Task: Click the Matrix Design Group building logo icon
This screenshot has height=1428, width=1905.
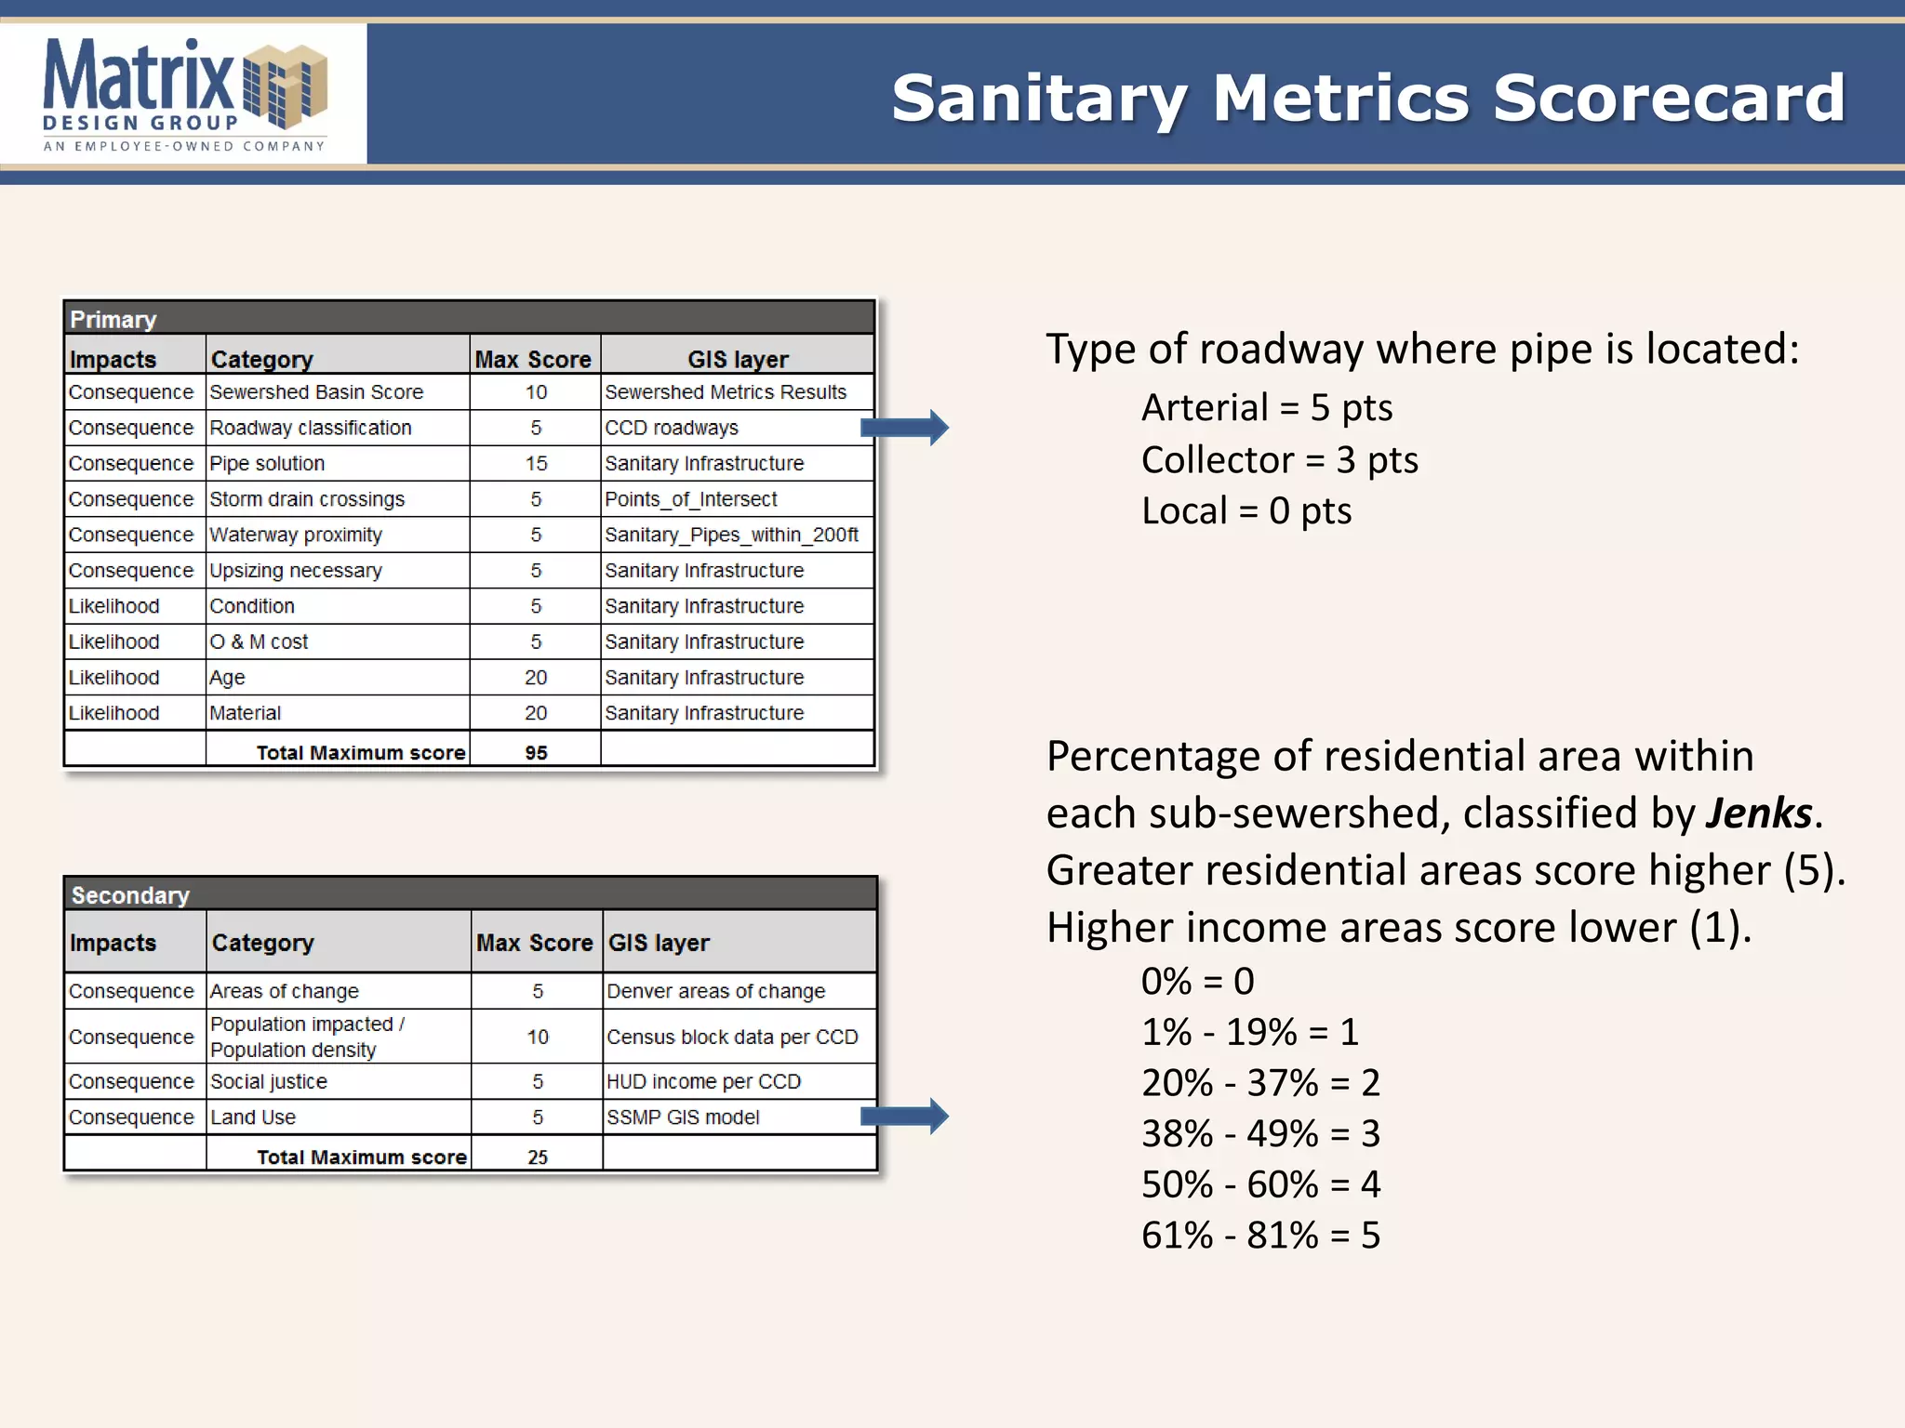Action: point(285,86)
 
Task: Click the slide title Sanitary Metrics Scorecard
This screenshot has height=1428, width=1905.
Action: point(1367,98)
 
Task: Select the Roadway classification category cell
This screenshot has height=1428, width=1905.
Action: point(311,428)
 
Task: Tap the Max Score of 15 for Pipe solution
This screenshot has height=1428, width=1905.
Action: point(536,463)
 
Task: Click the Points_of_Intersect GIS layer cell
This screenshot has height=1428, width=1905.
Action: point(690,499)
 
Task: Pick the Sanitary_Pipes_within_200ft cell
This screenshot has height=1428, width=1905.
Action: point(731,535)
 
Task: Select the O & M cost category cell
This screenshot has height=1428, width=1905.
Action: point(259,641)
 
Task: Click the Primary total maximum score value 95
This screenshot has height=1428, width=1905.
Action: point(536,752)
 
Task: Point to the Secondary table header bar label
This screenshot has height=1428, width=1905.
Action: point(130,894)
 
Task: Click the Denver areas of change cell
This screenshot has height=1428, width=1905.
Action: point(715,991)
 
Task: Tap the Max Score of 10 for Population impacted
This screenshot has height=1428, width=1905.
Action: point(538,1037)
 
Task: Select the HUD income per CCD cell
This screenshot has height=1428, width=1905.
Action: point(703,1081)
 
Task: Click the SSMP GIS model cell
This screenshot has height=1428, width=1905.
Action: point(683,1117)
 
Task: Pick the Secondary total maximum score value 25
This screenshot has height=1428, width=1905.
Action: point(538,1157)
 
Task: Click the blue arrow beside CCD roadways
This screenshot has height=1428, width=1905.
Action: point(904,428)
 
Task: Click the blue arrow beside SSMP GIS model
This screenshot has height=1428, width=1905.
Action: point(904,1117)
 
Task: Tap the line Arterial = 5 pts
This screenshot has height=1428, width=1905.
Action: point(1267,407)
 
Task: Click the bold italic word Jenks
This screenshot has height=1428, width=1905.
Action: point(1759,813)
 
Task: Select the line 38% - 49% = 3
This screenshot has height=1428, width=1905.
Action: point(1260,1133)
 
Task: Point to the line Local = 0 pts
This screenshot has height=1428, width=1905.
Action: point(1246,510)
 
